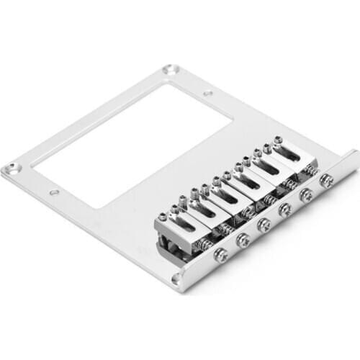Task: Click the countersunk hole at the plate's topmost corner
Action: coord(170,70)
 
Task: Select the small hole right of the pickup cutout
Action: coord(207,93)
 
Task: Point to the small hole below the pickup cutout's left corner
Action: coord(54,193)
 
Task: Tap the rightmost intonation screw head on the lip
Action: coord(326,181)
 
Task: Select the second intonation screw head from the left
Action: coord(244,240)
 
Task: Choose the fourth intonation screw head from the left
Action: coord(285,210)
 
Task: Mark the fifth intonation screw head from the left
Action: coord(306,194)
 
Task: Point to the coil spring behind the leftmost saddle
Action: coord(204,244)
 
